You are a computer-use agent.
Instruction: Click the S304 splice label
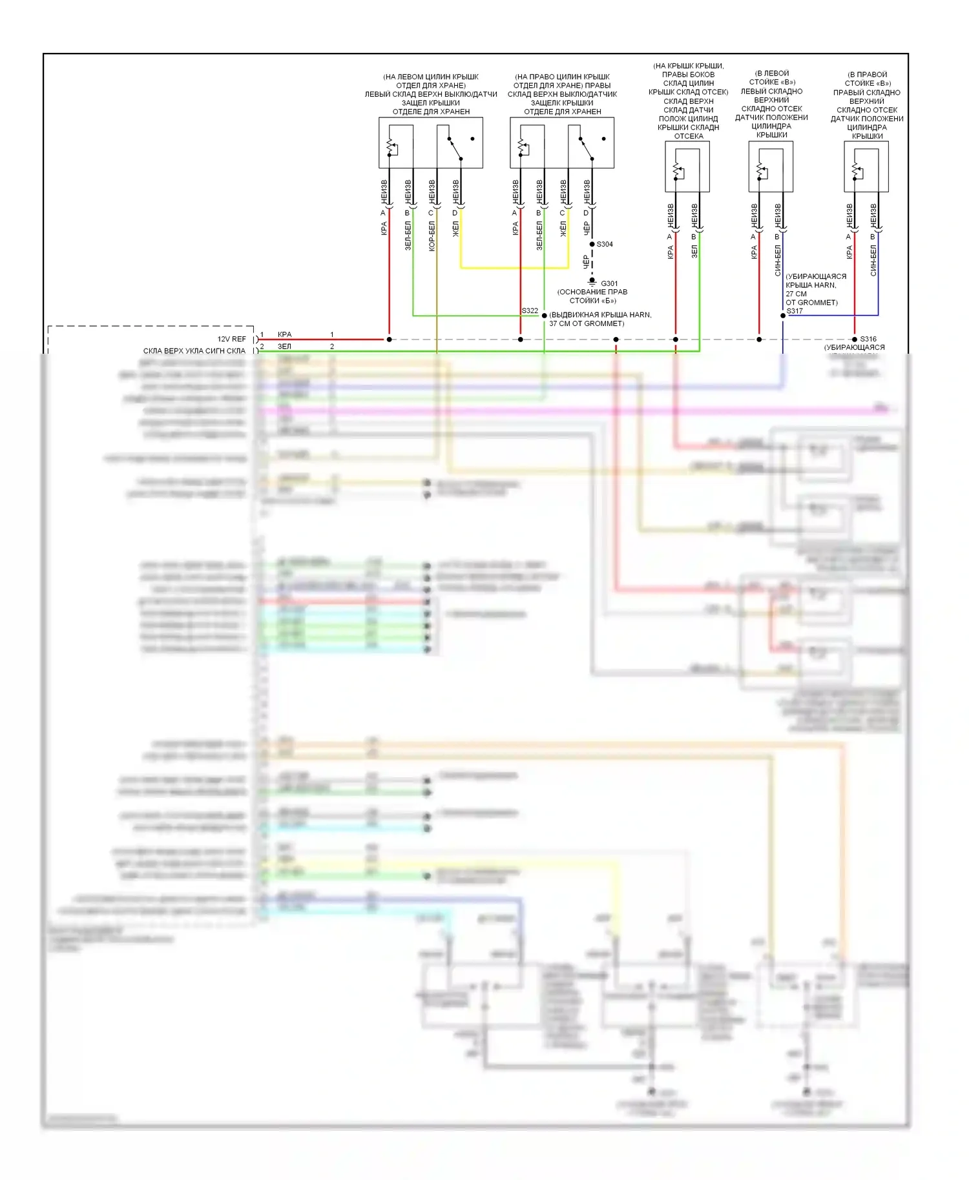605,244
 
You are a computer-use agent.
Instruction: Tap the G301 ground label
609,283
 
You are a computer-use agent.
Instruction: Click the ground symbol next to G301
592,281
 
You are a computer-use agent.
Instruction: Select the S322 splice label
530,310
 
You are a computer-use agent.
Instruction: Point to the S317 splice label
795,310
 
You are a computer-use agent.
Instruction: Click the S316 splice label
868,339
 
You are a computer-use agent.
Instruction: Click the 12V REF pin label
231,339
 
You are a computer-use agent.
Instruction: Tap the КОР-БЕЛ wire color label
432,236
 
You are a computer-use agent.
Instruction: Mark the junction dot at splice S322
544,316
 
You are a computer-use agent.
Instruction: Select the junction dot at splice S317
783,316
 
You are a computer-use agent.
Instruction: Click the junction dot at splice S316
855,339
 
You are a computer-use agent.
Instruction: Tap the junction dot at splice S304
592,244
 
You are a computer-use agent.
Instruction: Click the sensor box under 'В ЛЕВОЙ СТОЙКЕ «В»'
771,167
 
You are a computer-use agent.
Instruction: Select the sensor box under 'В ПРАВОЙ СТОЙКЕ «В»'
866,167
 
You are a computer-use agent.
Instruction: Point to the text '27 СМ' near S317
796,294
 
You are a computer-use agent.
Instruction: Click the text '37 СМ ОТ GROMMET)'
587,323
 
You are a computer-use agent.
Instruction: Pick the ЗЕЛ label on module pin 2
284,347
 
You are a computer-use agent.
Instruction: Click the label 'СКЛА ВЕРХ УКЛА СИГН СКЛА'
194,351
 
